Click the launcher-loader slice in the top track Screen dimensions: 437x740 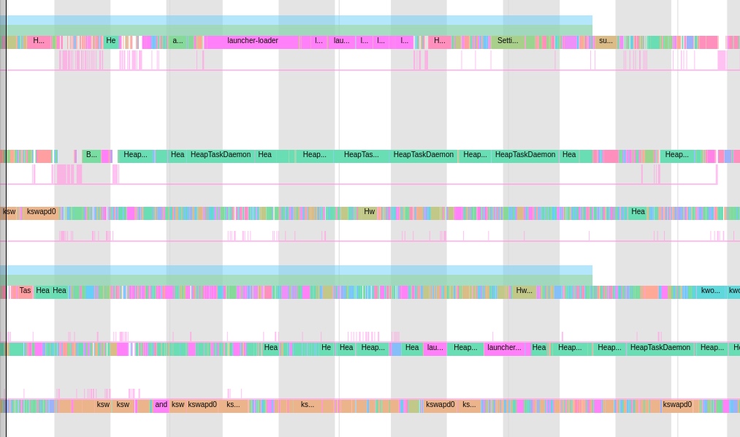click(x=252, y=42)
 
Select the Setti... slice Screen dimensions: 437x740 click(x=508, y=42)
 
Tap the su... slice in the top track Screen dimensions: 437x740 click(x=606, y=42)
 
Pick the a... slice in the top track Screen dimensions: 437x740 click(x=178, y=42)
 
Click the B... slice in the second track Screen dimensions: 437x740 click(x=91, y=156)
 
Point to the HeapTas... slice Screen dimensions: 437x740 click(x=362, y=156)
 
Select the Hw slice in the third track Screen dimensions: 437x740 click(x=369, y=213)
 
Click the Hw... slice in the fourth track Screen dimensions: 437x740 click(x=524, y=292)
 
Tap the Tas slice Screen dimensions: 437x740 click(x=25, y=292)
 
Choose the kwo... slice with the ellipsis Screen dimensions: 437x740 click(x=710, y=292)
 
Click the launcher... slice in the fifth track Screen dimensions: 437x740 click(x=504, y=349)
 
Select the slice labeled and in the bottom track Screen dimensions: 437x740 click(x=161, y=406)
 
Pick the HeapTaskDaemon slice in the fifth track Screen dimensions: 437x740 click(x=660, y=349)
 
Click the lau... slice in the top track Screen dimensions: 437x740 click(x=341, y=42)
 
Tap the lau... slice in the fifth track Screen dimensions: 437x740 click(x=435, y=349)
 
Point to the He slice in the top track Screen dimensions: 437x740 click(x=111, y=42)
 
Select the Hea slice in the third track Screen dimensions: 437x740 click(x=638, y=213)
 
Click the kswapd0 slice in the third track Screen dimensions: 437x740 click(x=41, y=213)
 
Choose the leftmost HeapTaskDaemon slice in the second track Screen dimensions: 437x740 click(x=220, y=156)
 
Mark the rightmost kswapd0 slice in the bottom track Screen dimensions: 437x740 click(x=676, y=406)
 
